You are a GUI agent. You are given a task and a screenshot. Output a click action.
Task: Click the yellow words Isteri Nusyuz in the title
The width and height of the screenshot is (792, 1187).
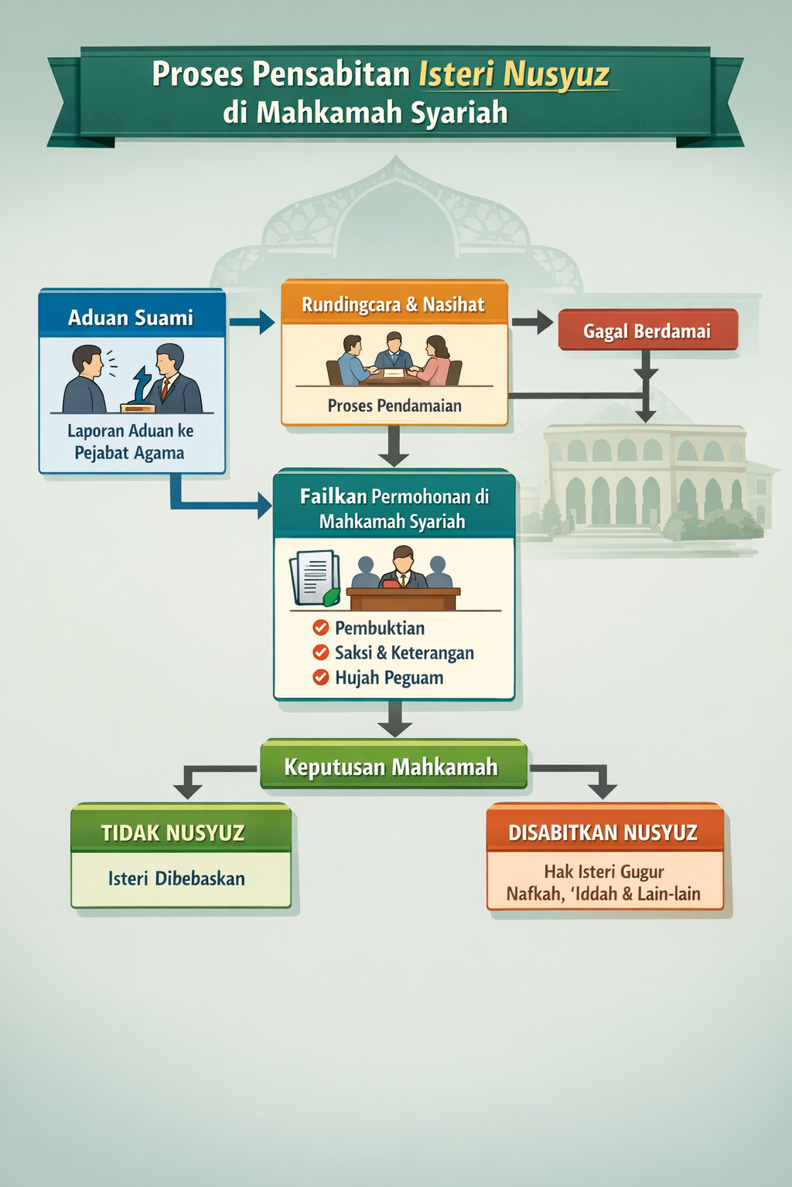click(514, 75)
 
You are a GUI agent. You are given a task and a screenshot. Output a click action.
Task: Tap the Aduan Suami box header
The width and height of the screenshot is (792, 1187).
click(131, 318)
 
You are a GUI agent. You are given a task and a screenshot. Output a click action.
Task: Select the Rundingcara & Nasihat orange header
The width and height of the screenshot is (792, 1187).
click(393, 304)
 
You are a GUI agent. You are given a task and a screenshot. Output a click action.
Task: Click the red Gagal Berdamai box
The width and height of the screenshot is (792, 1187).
click(647, 331)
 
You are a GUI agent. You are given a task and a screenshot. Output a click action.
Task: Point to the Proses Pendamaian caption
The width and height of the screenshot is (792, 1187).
click(394, 406)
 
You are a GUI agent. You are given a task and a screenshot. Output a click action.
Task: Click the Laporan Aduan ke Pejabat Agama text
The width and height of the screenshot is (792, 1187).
click(130, 441)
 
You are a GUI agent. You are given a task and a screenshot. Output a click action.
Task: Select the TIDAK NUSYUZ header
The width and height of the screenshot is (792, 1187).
click(173, 832)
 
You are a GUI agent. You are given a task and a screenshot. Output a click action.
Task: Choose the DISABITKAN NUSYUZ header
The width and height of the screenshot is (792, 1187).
click(603, 832)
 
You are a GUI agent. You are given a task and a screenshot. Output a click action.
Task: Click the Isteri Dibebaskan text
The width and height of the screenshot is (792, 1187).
click(176, 879)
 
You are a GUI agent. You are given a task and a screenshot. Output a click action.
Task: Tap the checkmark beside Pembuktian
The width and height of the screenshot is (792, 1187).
click(321, 628)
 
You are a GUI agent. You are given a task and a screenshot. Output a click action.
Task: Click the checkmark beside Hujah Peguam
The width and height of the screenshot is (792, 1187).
click(321, 678)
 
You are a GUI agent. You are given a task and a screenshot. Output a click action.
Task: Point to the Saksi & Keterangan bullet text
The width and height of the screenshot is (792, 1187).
click(404, 653)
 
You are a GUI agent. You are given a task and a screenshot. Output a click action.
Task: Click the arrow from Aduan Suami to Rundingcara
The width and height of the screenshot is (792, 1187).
click(252, 321)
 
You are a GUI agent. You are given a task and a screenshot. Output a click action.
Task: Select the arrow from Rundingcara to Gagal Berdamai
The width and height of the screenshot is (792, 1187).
click(532, 321)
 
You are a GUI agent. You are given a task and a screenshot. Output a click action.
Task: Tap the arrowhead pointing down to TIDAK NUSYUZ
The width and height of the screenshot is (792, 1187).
click(188, 789)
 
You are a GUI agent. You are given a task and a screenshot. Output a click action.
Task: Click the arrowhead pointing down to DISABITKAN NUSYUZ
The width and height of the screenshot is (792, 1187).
click(603, 789)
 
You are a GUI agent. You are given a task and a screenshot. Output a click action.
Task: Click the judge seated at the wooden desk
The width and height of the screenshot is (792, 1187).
click(402, 568)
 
